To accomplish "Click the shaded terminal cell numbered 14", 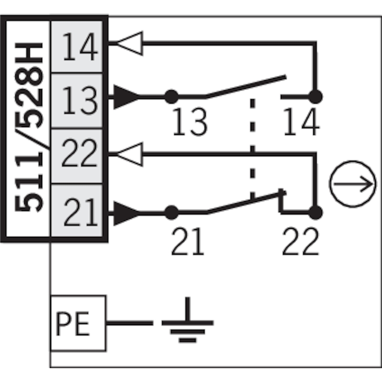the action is tap(77, 46).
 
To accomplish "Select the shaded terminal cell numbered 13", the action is tap(77, 100).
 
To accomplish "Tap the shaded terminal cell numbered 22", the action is tap(77, 156).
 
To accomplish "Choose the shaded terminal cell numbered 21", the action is tap(77, 211).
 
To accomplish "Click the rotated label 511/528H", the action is tap(29, 127).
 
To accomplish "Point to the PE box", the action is tap(78, 323).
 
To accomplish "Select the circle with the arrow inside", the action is tap(353, 184).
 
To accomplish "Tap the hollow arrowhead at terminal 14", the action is tap(129, 43).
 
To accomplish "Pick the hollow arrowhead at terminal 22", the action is tap(129, 154).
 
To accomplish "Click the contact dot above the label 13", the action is tap(171, 97).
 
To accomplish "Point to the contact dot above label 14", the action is tap(316, 97).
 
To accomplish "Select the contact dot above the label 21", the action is tap(171, 212).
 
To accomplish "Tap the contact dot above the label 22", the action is tap(316, 212).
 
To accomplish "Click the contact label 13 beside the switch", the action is tap(190, 122).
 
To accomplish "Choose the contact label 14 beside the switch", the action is tap(301, 122).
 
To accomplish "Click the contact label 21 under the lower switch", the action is tap(188, 241).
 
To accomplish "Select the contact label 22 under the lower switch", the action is tap(300, 241).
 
